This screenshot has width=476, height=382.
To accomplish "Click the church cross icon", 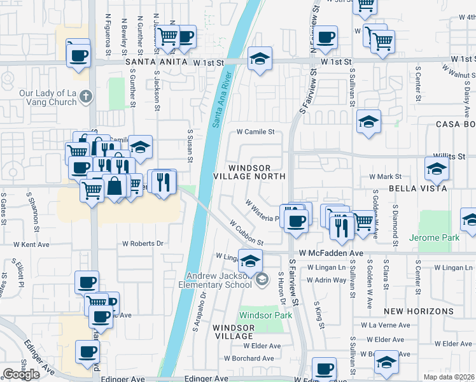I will pos(87,97).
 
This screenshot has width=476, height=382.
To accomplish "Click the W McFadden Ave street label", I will pos(332,253).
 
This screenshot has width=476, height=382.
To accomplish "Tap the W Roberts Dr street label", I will pos(143,243).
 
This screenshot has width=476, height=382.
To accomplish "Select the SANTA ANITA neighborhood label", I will pos(157,62).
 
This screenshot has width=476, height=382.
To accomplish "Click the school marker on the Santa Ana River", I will pos(260,59).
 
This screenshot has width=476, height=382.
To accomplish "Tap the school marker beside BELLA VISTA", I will pos(437,169).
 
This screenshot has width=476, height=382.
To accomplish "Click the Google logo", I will pos(21,374).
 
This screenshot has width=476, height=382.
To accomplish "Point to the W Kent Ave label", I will pos(32,244).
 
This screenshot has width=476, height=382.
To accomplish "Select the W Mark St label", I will pos(386,176).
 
